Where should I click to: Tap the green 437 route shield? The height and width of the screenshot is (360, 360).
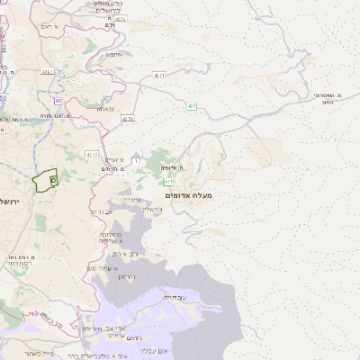coord(192,106)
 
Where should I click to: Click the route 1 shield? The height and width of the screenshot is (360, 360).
coord(135,161)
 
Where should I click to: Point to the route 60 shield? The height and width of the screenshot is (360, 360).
coord(58,101)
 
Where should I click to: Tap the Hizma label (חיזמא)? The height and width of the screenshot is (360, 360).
coord(115,54)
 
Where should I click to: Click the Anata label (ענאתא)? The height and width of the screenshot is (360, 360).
coord(104,108)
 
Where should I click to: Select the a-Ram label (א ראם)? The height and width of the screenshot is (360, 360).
coord(50,27)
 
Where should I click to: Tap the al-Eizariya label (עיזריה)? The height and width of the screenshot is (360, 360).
coord(131,199)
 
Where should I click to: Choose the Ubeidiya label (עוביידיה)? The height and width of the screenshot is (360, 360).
coord(174,296)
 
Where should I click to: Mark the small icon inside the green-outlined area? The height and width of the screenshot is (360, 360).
coord(53,180)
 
